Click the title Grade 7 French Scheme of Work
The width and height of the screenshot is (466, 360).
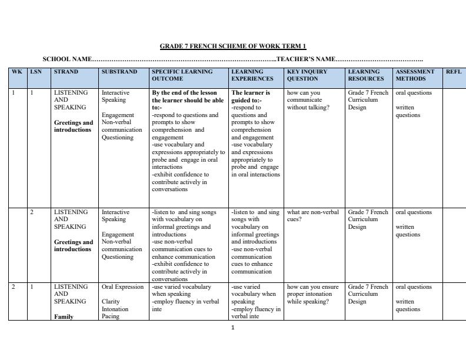coord(233,46)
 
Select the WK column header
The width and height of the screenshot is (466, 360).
coord(17,72)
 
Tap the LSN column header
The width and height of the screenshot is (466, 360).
coord(36,72)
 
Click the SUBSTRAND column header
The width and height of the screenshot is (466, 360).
coord(119,72)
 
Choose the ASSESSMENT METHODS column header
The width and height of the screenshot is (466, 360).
coord(415,75)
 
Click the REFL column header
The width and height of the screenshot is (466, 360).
coord(453,72)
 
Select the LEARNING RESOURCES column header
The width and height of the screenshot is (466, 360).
coord(366,75)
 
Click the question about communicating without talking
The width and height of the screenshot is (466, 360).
coord(308,100)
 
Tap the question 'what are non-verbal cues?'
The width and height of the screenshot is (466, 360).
coord(312,216)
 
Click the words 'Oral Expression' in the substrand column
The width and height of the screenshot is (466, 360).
coord(122,287)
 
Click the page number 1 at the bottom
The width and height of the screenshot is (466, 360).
coord(233,328)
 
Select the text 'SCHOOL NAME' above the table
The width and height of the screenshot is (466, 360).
coord(67,59)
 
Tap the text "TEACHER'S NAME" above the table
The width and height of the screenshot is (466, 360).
coord(305,59)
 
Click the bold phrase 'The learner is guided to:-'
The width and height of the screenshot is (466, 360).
coord(251,96)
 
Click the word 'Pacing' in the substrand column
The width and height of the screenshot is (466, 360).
coord(111,316)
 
